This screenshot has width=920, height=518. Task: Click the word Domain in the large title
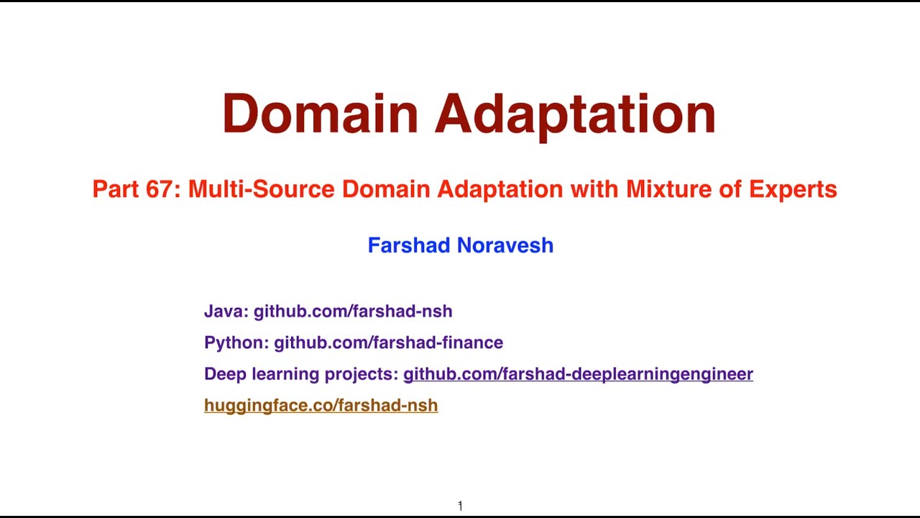[x=320, y=114]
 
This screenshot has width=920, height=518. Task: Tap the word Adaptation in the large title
[x=575, y=114]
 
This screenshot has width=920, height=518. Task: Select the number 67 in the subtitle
[x=163, y=189]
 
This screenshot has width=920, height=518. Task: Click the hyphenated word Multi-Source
[x=262, y=189]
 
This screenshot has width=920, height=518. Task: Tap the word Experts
[x=793, y=189]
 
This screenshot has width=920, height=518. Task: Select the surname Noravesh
[x=505, y=245]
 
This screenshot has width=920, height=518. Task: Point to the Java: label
[x=226, y=312]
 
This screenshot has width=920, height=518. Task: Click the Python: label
[x=236, y=342]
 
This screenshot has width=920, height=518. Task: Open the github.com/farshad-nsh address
[x=353, y=312]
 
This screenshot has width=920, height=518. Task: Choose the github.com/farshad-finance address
[x=388, y=342]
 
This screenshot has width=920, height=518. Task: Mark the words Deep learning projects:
[x=301, y=374]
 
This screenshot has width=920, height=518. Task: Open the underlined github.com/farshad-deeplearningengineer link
[x=578, y=374]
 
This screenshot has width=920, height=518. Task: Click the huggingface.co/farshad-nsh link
[x=321, y=406]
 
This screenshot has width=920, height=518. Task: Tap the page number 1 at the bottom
[x=460, y=506]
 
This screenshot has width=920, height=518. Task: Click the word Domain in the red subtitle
[x=386, y=189]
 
